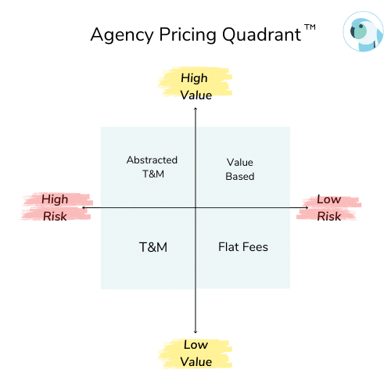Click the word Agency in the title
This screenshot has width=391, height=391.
122,35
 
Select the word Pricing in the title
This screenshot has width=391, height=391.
188,35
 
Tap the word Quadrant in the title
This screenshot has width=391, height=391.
261,34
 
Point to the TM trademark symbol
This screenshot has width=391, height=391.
310,27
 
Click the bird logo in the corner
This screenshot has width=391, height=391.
363,31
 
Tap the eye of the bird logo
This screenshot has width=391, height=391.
361,26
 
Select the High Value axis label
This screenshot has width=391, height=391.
196,87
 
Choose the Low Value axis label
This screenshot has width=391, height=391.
196,353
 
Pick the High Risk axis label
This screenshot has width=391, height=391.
55,208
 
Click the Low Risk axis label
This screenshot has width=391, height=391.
329,208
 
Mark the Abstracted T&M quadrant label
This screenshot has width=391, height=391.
152,167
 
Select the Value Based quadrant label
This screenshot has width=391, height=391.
240,169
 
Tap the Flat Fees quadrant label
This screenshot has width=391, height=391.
243,247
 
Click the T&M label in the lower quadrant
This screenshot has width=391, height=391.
153,247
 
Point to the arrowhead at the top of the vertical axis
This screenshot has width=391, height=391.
195,108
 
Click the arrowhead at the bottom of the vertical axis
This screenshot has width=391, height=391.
195,332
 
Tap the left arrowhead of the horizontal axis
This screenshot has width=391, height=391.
82,208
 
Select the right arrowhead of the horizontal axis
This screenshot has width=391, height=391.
308,208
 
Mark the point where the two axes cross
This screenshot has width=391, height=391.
195,208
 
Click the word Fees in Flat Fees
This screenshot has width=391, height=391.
255,247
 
